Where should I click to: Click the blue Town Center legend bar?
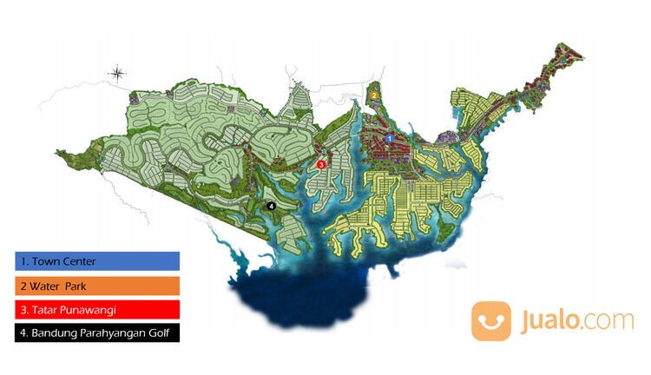96,260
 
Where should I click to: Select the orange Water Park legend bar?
96,285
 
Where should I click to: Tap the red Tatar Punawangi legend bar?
96,308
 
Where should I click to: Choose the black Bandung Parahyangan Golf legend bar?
96,332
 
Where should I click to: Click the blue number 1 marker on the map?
390,138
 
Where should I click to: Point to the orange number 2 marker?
373,94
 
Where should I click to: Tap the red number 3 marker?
321,163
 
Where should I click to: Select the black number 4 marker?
272,206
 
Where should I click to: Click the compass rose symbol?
118,75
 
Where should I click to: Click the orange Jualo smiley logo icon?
491,321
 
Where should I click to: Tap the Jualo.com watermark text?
576,321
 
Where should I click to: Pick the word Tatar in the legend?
42,309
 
